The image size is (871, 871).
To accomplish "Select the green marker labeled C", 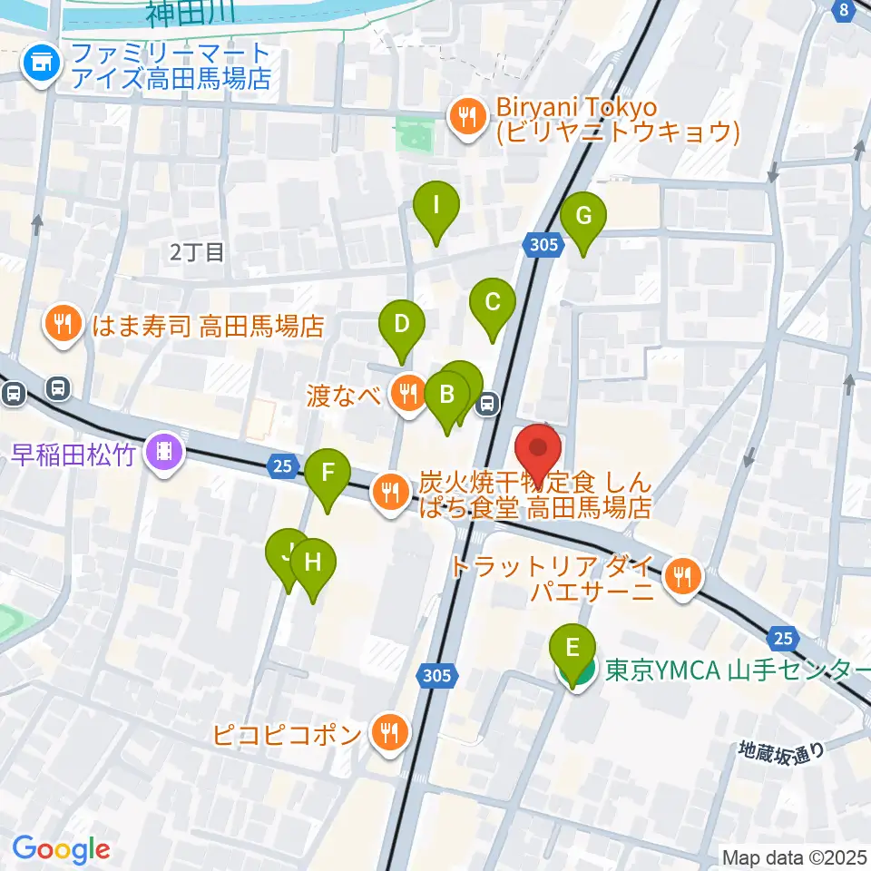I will coord(492,302).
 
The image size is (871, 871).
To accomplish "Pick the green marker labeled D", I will coord(402,324).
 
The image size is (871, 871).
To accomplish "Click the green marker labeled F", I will coord(328,474).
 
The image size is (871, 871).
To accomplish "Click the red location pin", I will coord(539,448).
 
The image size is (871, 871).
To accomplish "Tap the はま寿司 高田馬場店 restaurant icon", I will coord(64,324).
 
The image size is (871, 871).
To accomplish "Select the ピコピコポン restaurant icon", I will coord(391,730).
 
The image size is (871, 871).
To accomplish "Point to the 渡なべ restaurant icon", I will coord(407,393).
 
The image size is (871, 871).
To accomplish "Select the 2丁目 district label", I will coord(197,252).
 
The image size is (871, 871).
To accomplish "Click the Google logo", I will coord(62,849).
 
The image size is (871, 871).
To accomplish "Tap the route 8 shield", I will coord(844,10).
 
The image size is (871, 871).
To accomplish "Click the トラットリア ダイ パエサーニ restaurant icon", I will coord(681,576).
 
